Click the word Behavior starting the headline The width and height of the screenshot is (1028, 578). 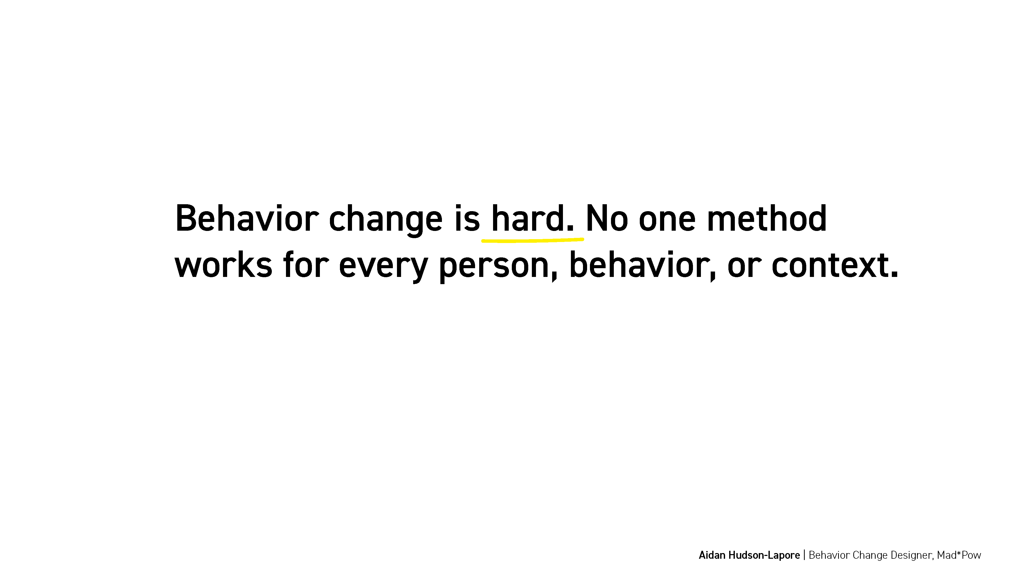[x=247, y=218]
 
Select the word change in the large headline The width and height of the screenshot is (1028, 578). [x=385, y=220]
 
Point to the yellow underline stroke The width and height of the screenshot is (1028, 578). [x=533, y=240]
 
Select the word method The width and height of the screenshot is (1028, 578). [x=767, y=218]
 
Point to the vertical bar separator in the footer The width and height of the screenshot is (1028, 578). [x=804, y=555]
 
